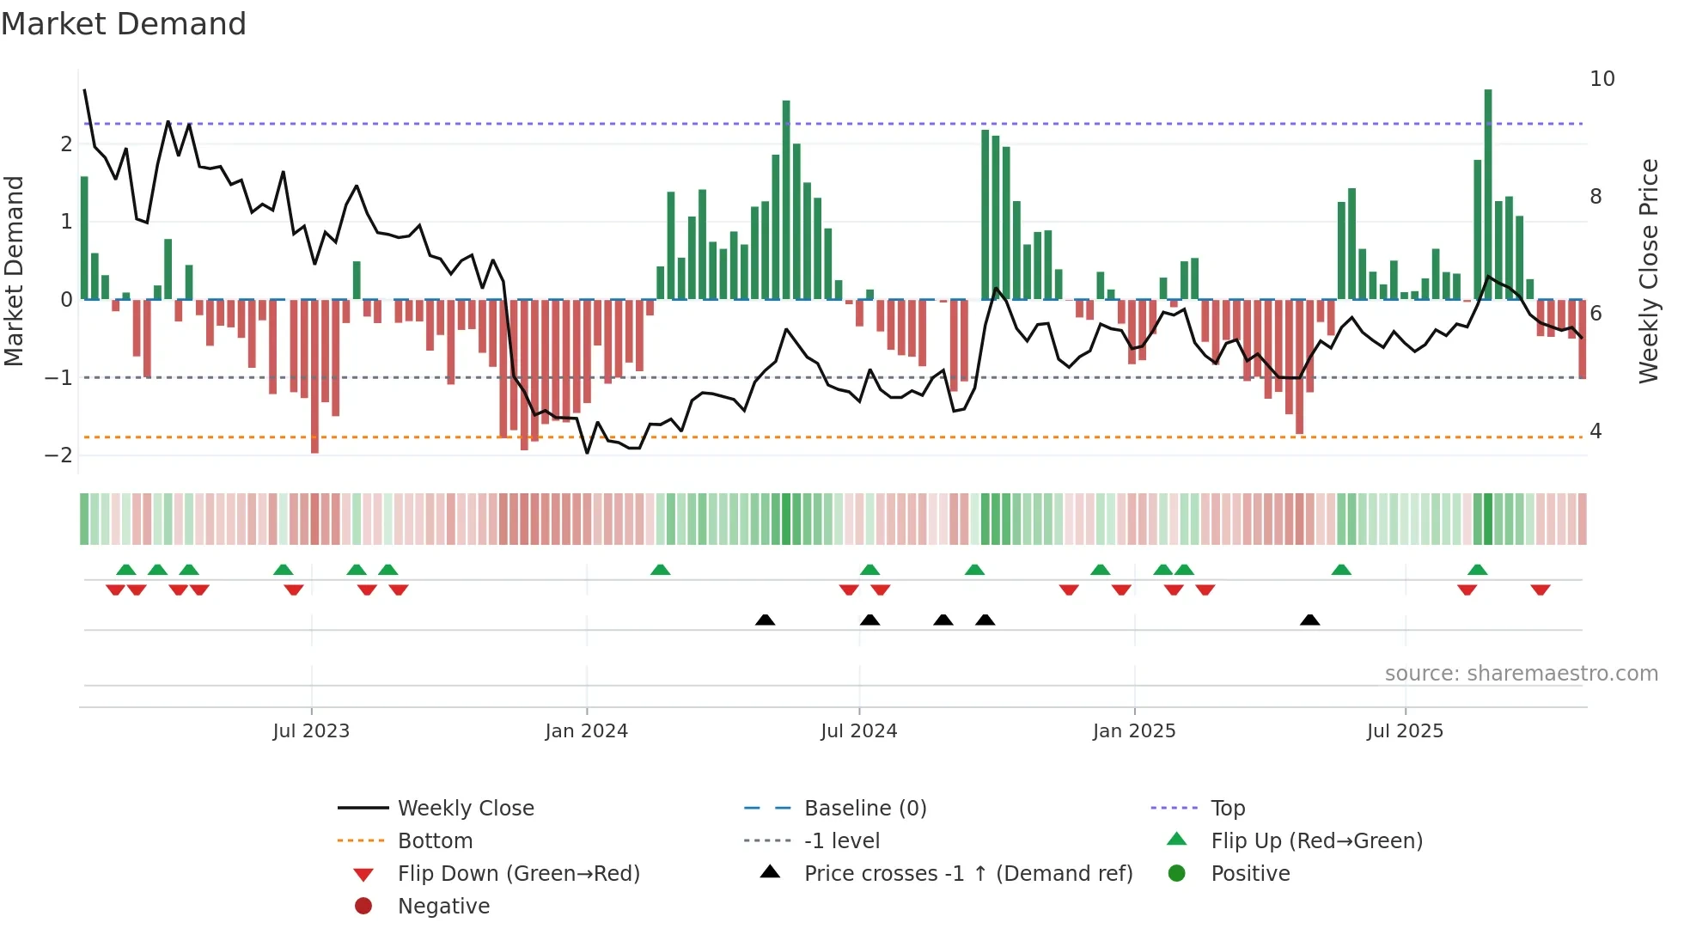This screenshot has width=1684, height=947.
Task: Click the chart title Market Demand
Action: pyautogui.click(x=124, y=24)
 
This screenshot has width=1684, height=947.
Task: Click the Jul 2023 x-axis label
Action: pyautogui.click(x=311, y=731)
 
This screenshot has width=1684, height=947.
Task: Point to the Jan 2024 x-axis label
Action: pyautogui.click(x=586, y=731)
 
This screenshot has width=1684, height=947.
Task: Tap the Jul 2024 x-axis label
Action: pyautogui.click(x=858, y=731)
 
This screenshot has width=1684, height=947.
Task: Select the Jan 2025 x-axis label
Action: pyautogui.click(x=1134, y=731)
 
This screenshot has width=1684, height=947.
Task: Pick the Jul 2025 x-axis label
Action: pyautogui.click(x=1405, y=731)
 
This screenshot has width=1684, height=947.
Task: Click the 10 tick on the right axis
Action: pyautogui.click(x=1602, y=79)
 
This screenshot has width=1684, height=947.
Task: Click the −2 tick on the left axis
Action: pyautogui.click(x=58, y=455)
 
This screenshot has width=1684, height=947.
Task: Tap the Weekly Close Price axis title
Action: pyautogui.click(x=1648, y=271)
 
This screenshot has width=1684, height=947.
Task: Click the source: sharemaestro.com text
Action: pyautogui.click(x=1521, y=674)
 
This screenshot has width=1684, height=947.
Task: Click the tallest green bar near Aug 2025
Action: pyautogui.click(x=1488, y=193)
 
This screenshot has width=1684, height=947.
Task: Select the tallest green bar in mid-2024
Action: pyautogui.click(x=786, y=199)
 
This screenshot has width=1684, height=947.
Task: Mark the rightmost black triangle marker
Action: pyautogui.click(x=1309, y=620)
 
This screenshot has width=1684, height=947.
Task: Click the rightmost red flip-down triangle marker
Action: pyautogui.click(x=1540, y=590)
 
